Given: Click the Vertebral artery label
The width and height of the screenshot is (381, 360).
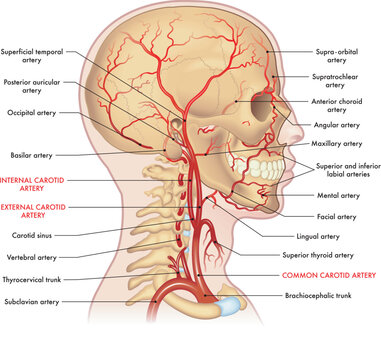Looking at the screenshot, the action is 33,257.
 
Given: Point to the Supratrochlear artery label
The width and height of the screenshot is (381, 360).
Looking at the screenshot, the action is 335,80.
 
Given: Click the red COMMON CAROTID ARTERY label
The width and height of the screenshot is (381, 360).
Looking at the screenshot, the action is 327,273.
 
